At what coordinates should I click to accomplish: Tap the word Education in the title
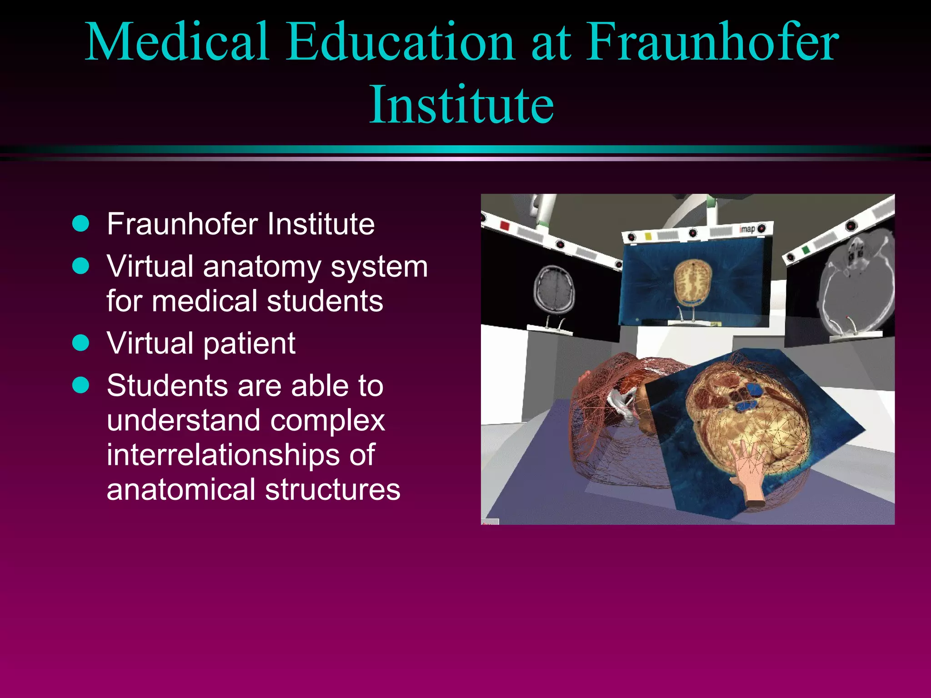click(400, 42)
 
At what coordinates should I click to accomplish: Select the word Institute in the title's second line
click(461, 105)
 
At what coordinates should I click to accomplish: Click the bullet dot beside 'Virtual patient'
click(81, 343)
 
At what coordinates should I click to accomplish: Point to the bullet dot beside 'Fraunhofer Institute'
click(81, 224)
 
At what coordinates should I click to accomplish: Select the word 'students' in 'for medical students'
click(325, 301)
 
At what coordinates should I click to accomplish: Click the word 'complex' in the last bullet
click(327, 421)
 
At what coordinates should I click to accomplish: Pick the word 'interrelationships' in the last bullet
click(240, 455)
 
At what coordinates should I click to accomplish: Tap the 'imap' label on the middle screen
click(747, 229)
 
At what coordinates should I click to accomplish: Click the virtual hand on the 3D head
click(748, 473)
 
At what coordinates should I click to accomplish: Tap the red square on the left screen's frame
click(504, 225)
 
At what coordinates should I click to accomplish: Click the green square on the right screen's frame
click(806, 249)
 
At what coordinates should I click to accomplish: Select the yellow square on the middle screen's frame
click(648, 236)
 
